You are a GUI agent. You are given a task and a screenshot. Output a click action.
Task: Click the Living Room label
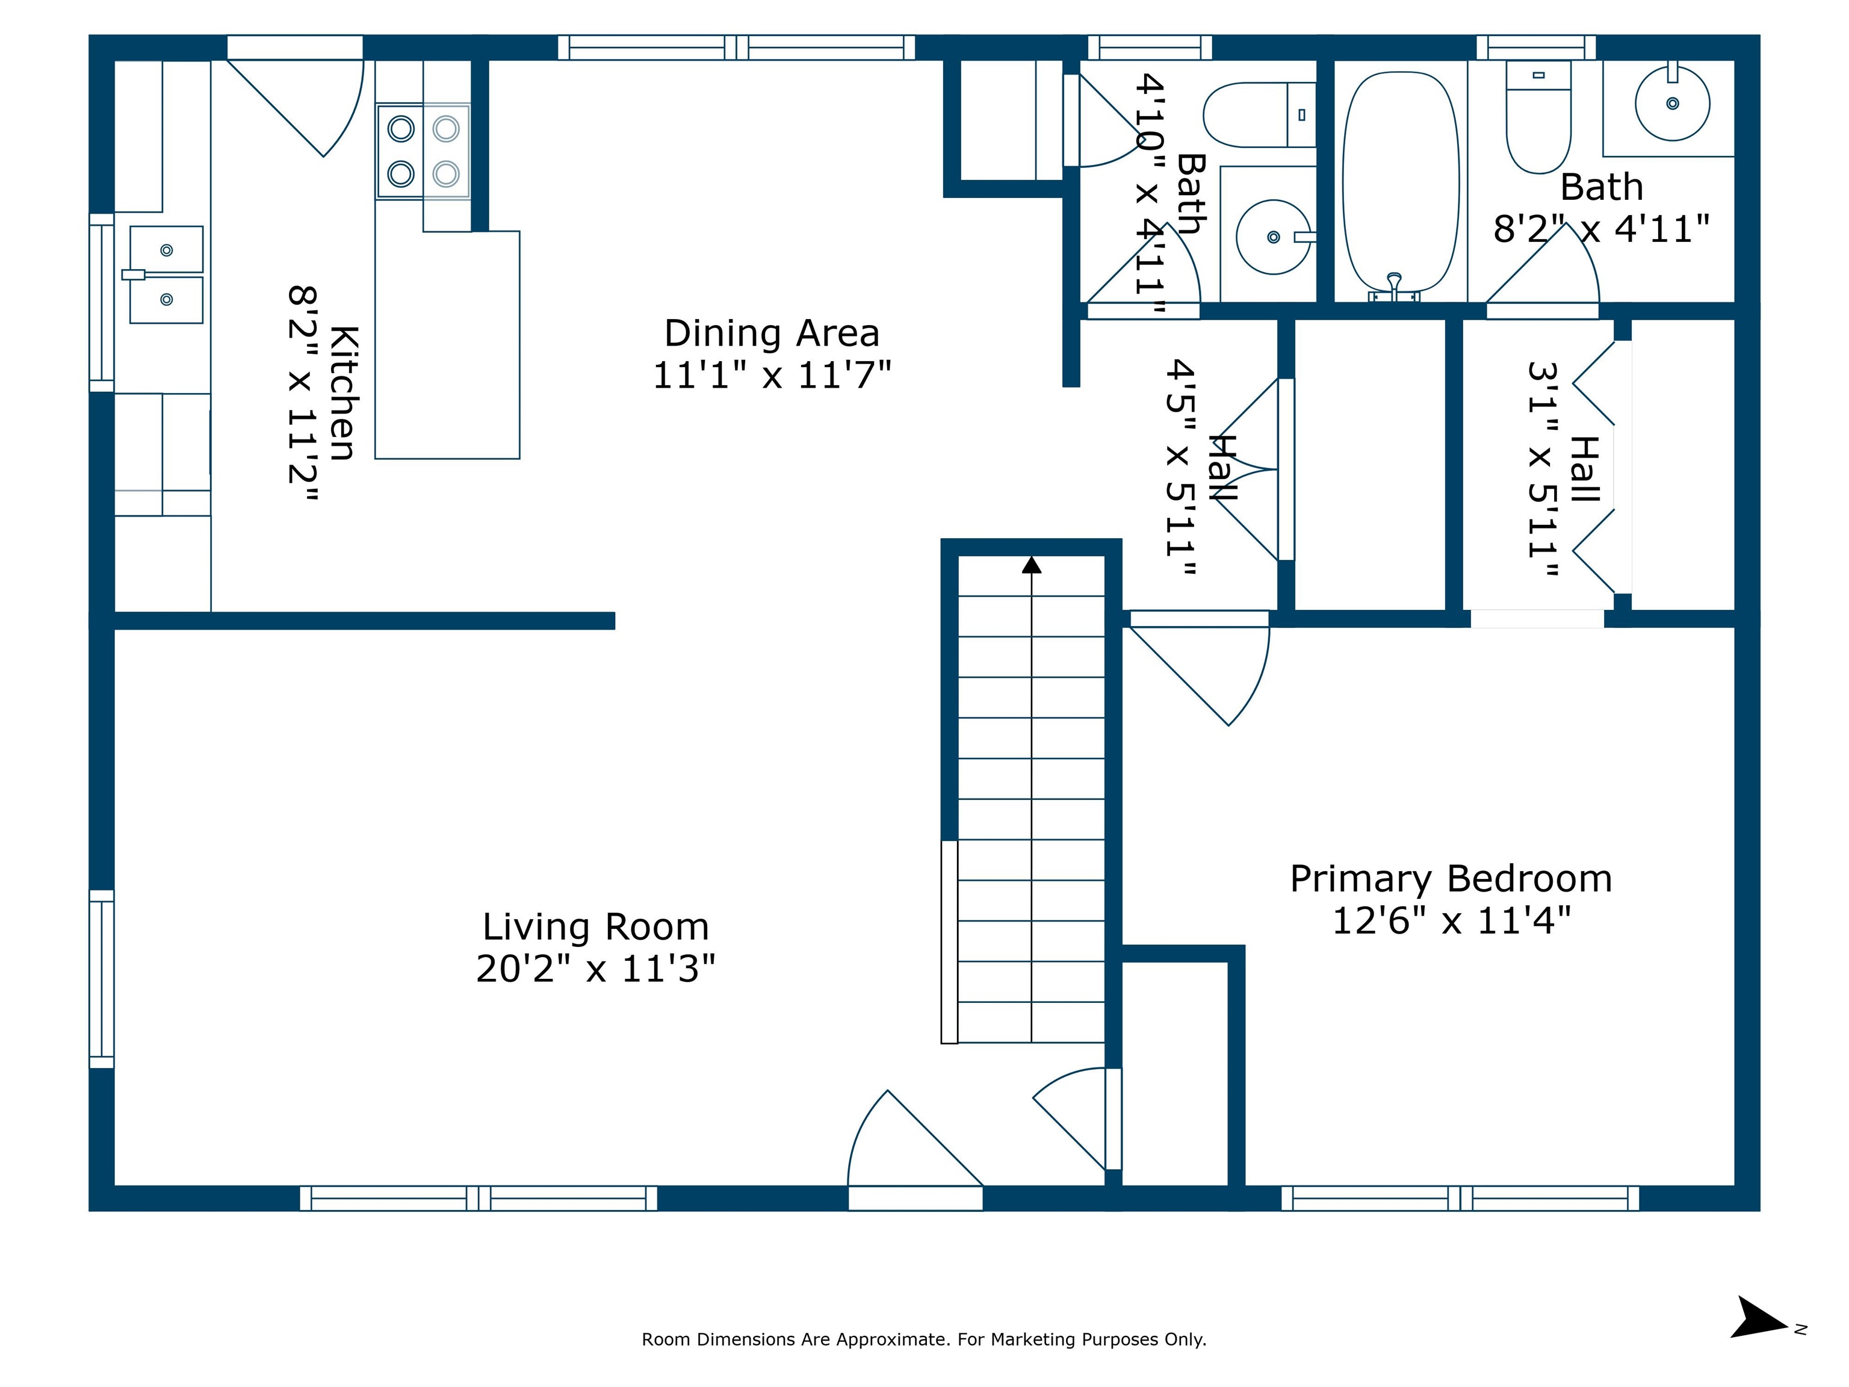[x=595, y=927]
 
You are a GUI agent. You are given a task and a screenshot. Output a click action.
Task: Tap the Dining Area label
[x=772, y=334]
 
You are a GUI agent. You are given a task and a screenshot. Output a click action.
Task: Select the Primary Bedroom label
[x=1451, y=880]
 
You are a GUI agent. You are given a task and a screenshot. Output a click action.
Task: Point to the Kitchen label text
[x=344, y=393]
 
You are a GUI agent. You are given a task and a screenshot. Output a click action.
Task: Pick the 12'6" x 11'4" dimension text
[x=1451, y=920]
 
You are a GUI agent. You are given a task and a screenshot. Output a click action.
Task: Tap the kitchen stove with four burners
[x=423, y=151]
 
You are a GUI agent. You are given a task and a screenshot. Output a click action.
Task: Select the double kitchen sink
[x=166, y=275]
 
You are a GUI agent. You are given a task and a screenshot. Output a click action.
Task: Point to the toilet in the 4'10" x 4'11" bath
[x=1260, y=114]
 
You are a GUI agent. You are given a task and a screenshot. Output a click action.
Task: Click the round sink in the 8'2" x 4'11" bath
[x=1672, y=104]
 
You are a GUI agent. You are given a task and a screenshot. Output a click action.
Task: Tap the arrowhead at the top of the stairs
[x=1032, y=565]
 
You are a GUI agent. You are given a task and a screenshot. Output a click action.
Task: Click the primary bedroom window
[x=1460, y=1198]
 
